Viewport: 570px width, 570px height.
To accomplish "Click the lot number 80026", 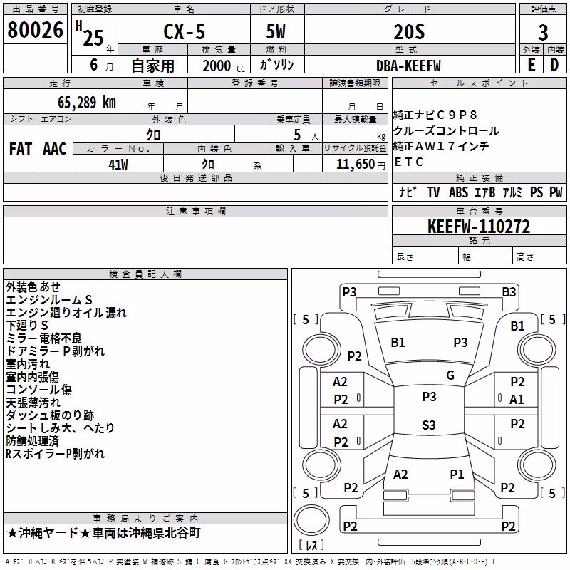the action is pyautogui.click(x=35, y=30).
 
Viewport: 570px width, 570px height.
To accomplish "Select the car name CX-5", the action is pyautogui.click(x=185, y=31).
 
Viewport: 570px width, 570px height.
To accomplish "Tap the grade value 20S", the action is pyautogui.click(x=409, y=32).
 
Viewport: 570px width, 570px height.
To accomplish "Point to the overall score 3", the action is pyautogui.click(x=543, y=33).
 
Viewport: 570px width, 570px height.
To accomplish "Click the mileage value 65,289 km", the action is pyautogui.click(x=87, y=103).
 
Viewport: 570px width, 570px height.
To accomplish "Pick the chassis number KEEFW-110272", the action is pyautogui.click(x=479, y=227).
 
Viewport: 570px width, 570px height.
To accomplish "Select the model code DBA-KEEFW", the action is pyautogui.click(x=408, y=66).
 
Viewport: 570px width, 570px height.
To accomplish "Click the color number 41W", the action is pyautogui.click(x=118, y=165).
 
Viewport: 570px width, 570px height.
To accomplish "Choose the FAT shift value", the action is pyautogui.click(x=21, y=149).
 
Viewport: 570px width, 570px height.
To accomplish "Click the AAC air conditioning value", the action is pyautogui.click(x=55, y=149).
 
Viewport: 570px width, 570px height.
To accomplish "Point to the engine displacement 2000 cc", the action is pyautogui.click(x=224, y=66).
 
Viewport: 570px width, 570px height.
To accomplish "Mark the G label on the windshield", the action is pyautogui.click(x=450, y=375).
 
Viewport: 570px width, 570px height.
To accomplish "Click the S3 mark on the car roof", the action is pyautogui.click(x=429, y=425).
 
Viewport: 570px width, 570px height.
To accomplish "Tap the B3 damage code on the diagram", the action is pyautogui.click(x=509, y=292).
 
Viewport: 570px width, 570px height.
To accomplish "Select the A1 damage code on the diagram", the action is pyautogui.click(x=517, y=400).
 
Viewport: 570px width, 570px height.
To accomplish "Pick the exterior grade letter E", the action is pyautogui.click(x=532, y=65).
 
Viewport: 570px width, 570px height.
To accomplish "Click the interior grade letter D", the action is pyautogui.click(x=554, y=65).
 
